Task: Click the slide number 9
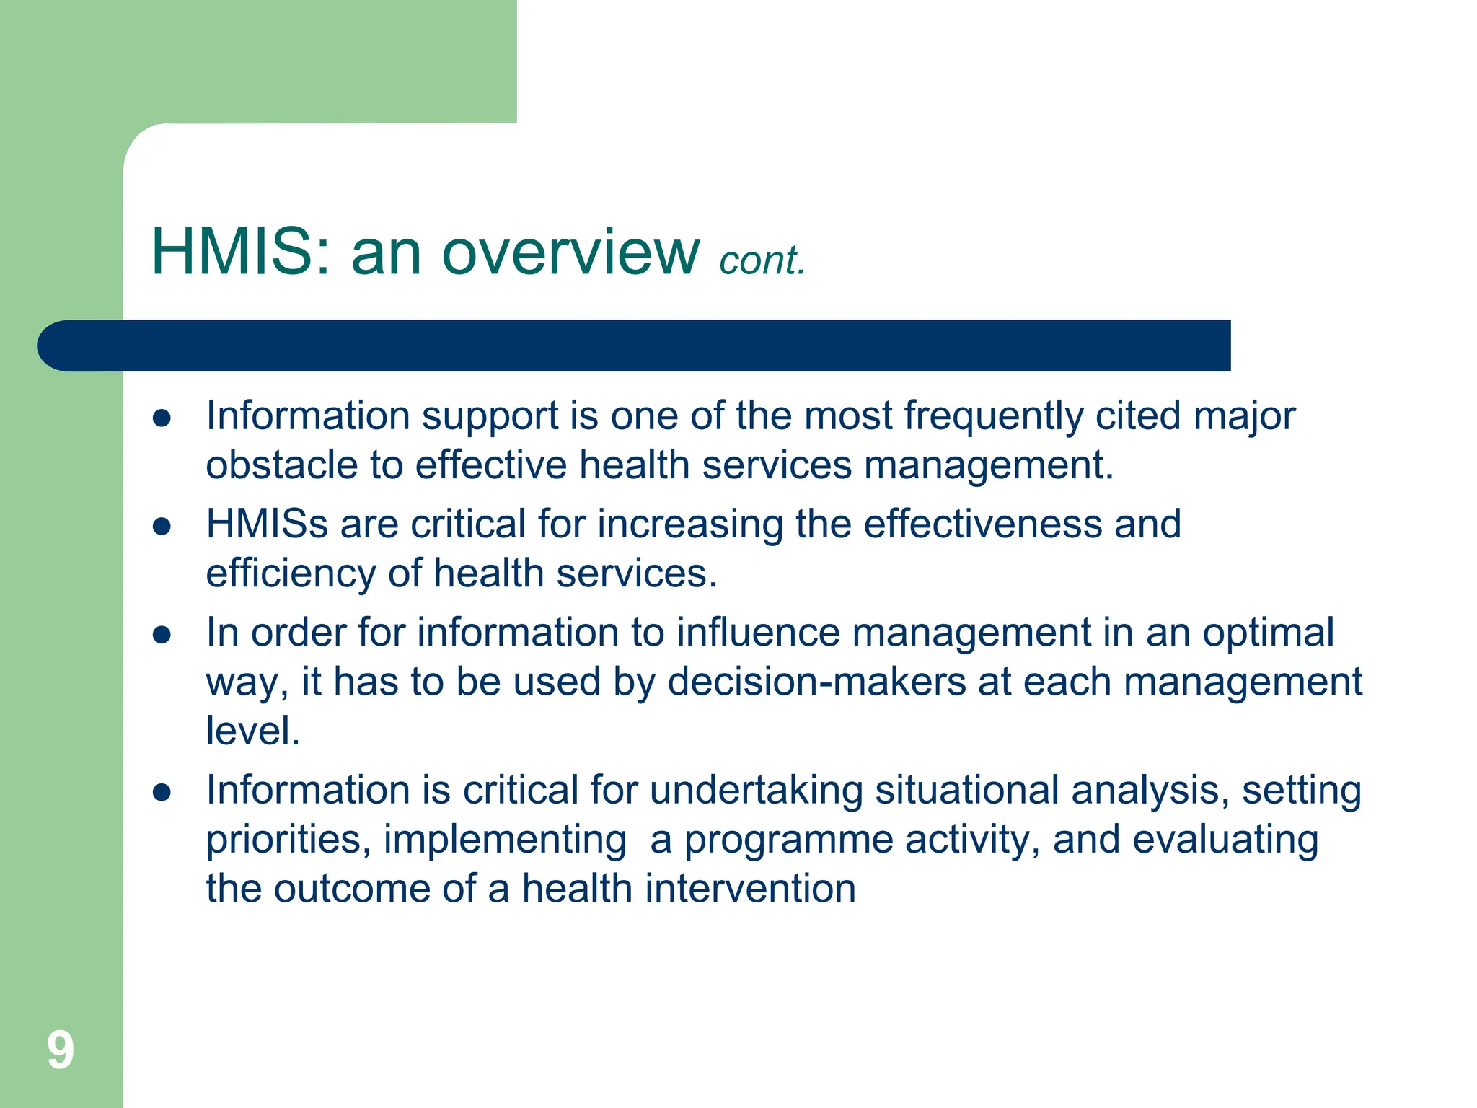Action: click(61, 1050)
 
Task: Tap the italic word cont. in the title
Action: click(762, 260)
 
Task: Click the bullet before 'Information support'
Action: click(162, 418)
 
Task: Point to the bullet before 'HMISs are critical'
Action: click(162, 527)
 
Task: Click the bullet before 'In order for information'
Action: click(162, 635)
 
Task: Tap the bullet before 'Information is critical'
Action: click(162, 793)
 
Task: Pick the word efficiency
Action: click(290, 574)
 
